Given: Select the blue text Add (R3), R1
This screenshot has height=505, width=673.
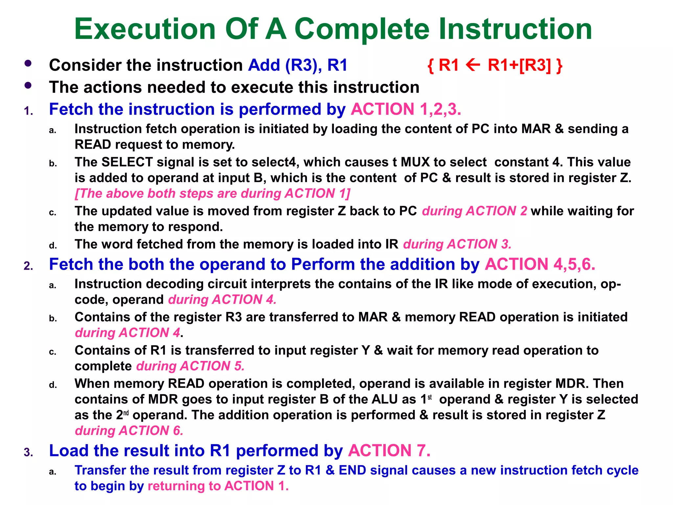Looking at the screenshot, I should pos(297,65).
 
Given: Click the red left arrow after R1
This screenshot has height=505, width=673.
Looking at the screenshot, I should pos(473,65).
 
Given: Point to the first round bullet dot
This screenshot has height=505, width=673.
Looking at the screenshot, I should pos(28,63).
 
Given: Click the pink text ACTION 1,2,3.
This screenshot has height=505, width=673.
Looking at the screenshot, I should pos(406,109).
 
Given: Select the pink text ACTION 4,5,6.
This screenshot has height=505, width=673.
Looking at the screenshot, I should pos(540,264).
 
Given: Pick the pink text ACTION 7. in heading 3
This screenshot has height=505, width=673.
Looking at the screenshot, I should pos(389,450).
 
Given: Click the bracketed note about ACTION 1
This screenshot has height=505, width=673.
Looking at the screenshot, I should pos(213,194).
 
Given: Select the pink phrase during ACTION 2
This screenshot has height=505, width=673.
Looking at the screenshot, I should pos(475,211).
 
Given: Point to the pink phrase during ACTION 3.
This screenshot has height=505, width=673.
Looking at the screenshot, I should pos(457,244).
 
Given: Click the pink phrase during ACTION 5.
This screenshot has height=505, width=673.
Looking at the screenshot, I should pos(190,366).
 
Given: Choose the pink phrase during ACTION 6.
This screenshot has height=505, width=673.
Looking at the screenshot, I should pos(129,431).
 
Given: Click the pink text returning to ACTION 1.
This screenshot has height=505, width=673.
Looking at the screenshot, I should pos(218,486).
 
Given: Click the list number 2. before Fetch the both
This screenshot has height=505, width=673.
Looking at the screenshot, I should pos(29,266).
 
